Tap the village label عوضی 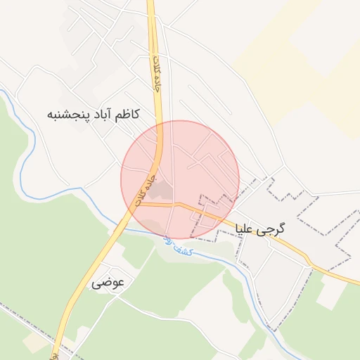108,283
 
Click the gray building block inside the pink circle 162,189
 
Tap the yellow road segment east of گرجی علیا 330,270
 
